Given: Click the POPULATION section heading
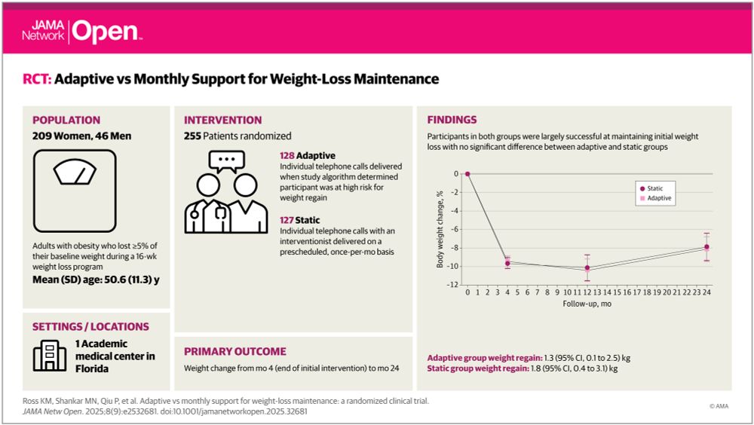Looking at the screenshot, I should coord(66,120).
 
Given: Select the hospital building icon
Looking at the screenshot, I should coord(49,355).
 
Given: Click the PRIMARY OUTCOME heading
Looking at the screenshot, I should coord(235,351).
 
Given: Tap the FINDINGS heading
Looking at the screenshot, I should coord(452,120).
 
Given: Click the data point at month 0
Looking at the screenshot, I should coord(467,173).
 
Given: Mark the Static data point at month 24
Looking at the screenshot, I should coord(706,247).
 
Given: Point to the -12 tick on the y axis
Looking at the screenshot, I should coord(454,285).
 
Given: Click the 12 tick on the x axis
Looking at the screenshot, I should coord(587,292).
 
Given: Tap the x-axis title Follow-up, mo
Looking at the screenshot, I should coord(587,303).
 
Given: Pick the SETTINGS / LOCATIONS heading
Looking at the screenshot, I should coord(90,327).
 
